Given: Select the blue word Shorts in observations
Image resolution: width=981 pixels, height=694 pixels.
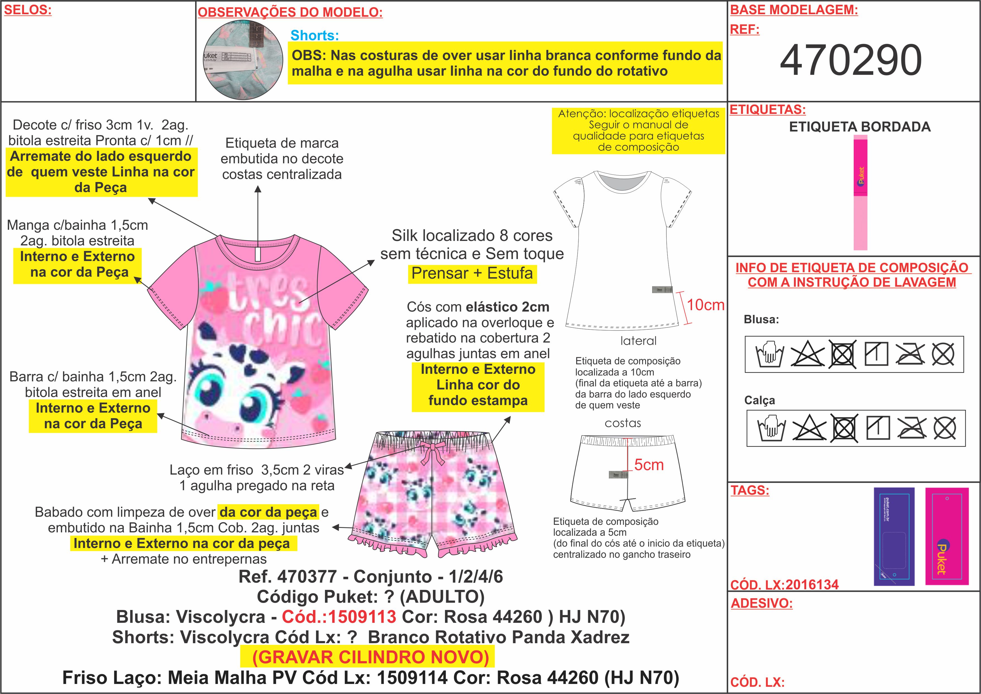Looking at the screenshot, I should (x=314, y=35).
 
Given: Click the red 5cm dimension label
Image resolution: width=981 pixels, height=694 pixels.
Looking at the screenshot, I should (x=649, y=465).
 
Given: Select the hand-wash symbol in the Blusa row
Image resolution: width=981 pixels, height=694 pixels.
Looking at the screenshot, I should (x=769, y=354).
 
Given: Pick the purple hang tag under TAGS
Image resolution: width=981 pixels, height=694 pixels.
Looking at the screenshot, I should (x=894, y=536).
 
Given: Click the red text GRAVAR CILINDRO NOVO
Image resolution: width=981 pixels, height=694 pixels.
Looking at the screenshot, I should (x=370, y=657).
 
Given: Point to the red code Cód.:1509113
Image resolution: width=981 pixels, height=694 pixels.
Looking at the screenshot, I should (x=339, y=617).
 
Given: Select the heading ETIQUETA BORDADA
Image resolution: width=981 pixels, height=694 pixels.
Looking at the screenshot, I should (x=859, y=127).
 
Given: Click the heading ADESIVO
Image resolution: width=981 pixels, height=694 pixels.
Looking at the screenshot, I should (x=761, y=603).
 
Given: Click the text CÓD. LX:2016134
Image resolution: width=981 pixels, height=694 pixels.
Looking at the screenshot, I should (x=784, y=585).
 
